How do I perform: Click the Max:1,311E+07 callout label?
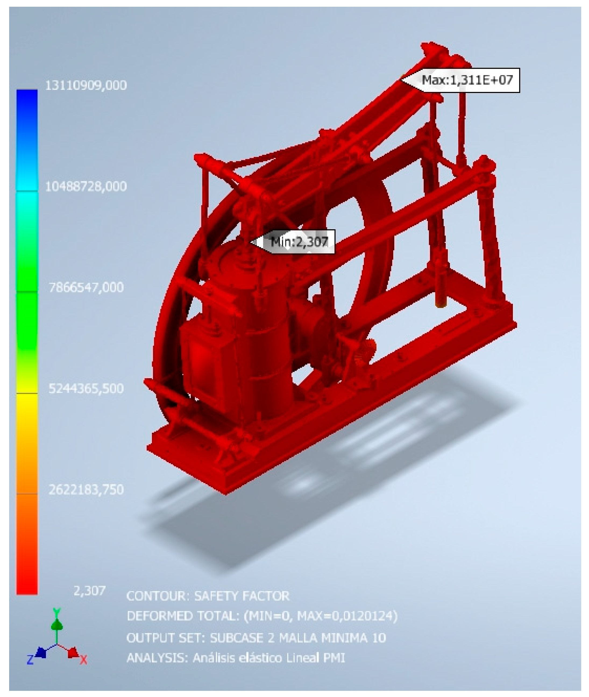pos(467,80)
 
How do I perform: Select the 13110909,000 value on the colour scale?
pos(86,85)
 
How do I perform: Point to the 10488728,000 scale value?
pos(86,186)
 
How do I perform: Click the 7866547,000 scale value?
pos(86,287)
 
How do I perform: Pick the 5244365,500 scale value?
pos(86,388)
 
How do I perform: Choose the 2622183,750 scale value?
pos(86,489)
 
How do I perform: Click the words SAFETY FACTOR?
pos(242,596)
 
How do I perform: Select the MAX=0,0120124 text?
pos(345,616)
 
